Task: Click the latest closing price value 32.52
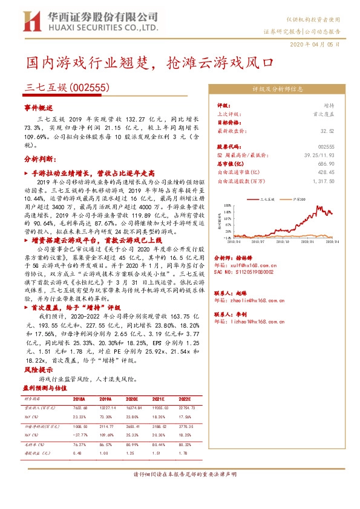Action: pyautogui.click(x=327, y=130)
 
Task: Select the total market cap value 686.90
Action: pyautogui.click(x=326, y=164)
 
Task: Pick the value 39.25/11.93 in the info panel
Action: pyautogui.click(x=318, y=155)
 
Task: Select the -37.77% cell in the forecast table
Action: pyautogui.click(x=80, y=434)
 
